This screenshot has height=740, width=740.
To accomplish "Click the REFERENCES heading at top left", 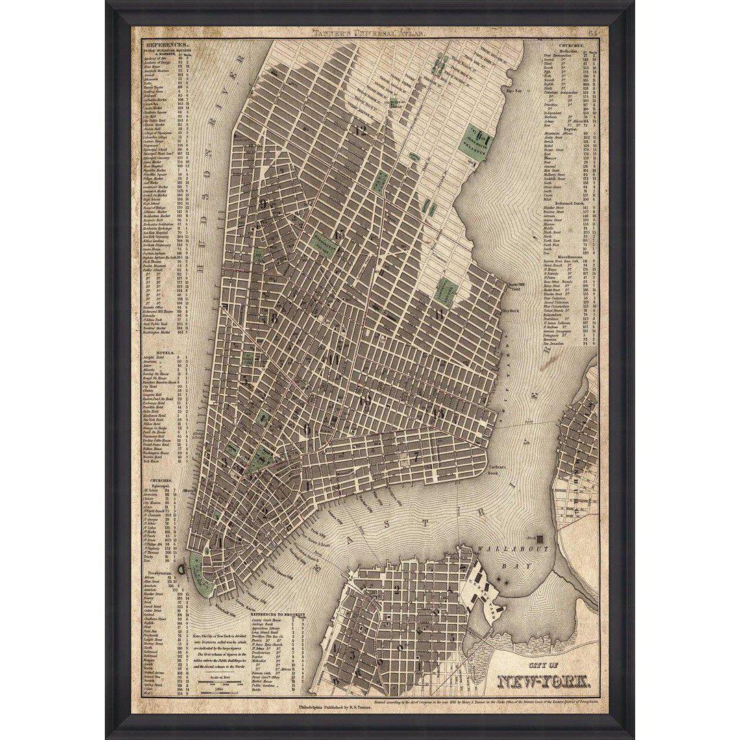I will point(162,44).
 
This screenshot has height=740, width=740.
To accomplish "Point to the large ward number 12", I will point(361,129).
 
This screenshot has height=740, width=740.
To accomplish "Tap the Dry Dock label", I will point(511,310).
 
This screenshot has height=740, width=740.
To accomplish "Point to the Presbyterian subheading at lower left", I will point(158,571).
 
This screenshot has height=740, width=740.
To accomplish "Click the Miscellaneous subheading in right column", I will point(566,257).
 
